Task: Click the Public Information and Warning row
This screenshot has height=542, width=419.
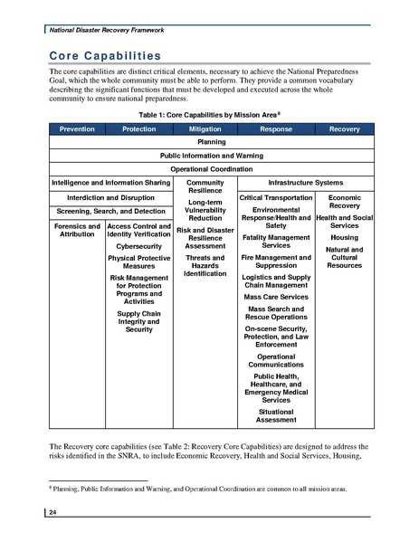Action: point(210,155)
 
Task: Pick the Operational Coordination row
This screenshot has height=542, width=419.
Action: point(210,168)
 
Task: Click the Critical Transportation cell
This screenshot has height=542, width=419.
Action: point(275,196)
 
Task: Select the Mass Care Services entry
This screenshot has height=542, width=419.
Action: point(275,296)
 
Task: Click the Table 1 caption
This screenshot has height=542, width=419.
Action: point(209,116)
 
